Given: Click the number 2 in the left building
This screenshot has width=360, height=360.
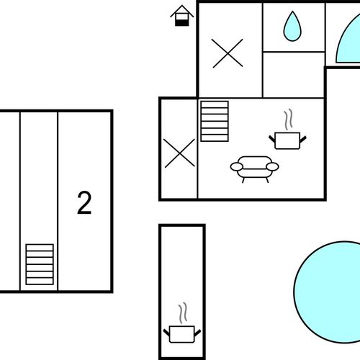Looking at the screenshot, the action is (84, 203).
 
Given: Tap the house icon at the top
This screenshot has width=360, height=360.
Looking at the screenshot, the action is (182, 16).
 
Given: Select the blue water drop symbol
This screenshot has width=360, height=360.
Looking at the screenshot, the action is (292, 26).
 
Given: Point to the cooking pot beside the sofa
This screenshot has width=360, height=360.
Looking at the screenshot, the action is (287, 140).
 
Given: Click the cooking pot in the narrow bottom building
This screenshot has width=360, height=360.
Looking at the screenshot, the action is (182, 334).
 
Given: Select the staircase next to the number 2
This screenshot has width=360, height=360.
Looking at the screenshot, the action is (40, 264).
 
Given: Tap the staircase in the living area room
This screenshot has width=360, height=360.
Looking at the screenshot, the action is (215, 121).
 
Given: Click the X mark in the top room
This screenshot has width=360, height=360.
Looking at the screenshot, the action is (228, 53).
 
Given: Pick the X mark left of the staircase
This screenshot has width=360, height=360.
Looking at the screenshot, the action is (179, 153).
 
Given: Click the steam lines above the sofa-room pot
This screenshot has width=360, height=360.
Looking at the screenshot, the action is (289, 120).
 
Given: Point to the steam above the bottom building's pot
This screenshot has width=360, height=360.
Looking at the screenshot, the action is (183, 312).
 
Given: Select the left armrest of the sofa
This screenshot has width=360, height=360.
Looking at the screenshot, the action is (237, 166).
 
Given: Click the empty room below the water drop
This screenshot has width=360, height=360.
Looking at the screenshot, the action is (294, 75).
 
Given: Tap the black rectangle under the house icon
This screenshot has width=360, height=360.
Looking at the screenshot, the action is (182, 23).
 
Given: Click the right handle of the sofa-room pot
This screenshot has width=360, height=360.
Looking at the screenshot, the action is (303, 139).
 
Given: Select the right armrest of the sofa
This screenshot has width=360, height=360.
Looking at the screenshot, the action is (272, 166).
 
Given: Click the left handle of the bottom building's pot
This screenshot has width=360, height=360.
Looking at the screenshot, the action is (166, 333).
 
